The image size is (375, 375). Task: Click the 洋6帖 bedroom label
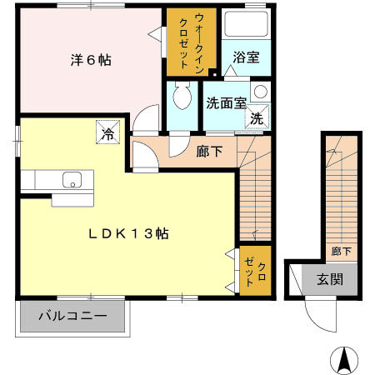pos(90,60)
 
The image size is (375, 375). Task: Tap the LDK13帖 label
pos(129,234)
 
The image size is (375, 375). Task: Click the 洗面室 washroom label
pos(225,104)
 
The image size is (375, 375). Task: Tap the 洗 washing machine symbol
pos(257,119)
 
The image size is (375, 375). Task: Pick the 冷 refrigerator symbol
pos(107,132)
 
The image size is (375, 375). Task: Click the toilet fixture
pos(178,99)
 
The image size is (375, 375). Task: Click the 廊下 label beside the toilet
pos(208,152)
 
